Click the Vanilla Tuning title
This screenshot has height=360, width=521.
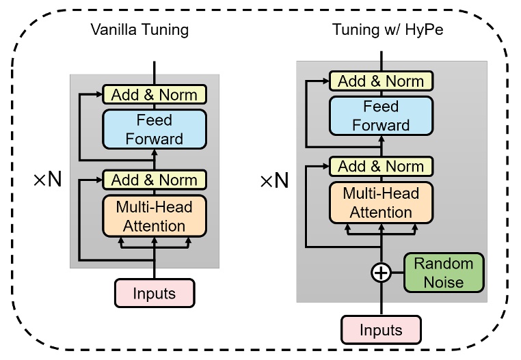[x=139, y=30]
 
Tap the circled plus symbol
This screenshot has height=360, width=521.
[x=380, y=273]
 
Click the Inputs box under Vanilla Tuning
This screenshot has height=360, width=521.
[x=155, y=294]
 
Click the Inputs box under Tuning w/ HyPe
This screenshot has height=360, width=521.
[x=380, y=330]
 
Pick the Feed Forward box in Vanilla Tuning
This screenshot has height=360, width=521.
[x=155, y=130]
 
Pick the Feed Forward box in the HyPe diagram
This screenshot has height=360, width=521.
[x=381, y=116]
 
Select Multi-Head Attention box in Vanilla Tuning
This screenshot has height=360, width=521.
[x=155, y=215]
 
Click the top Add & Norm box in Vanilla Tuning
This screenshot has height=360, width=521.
[x=155, y=94]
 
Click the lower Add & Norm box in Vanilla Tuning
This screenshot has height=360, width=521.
[x=155, y=180]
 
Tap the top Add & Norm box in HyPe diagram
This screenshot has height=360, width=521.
[x=381, y=81]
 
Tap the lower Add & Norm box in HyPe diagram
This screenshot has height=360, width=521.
[x=381, y=166]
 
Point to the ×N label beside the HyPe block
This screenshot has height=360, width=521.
[x=273, y=181]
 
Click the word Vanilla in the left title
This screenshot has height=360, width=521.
[x=113, y=30]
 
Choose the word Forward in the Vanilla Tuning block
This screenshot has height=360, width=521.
[x=155, y=139]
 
